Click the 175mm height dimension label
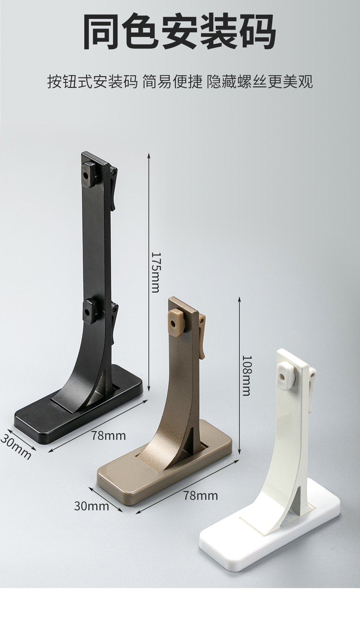click(156, 272)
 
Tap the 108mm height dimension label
click(246, 376)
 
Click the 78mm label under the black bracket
click(109, 435)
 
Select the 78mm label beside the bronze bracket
click(201, 495)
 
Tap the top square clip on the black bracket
click(88, 174)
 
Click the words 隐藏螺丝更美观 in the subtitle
click(259, 82)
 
